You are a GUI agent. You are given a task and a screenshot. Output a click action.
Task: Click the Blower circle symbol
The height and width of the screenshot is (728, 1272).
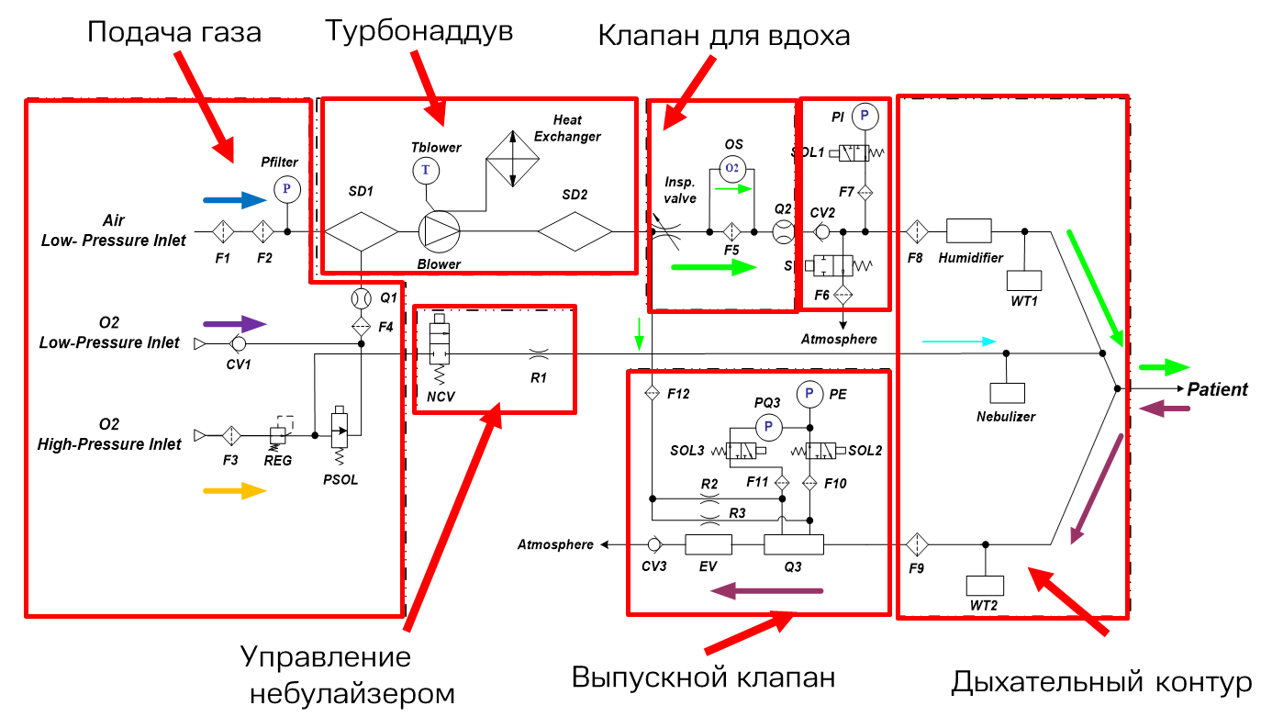click(x=439, y=231)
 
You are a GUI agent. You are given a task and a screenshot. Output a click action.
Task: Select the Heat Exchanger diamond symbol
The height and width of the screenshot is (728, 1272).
click(x=513, y=159)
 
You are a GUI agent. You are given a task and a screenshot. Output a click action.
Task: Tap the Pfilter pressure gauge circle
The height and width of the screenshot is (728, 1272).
click(x=287, y=189)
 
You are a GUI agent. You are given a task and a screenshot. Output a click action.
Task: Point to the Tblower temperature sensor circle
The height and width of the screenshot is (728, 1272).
click(x=426, y=171)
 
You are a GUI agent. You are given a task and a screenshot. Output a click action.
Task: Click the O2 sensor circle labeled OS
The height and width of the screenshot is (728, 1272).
click(x=732, y=168)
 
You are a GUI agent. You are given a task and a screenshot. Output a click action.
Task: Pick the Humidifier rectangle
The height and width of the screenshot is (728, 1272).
click(x=969, y=231)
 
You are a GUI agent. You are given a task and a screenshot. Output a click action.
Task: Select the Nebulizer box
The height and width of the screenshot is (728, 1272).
click(x=1008, y=393)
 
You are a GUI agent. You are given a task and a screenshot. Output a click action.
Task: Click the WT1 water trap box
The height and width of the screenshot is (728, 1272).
click(x=1024, y=281)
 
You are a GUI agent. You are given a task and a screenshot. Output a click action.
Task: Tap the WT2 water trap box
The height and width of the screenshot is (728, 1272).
click(x=986, y=586)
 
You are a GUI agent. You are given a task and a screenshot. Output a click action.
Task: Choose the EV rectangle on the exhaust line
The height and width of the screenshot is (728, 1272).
click(x=709, y=544)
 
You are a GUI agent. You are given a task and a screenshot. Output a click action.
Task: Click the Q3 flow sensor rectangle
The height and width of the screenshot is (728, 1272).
click(x=794, y=544)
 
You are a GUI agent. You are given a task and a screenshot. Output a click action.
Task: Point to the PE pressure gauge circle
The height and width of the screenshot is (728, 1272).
click(x=809, y=394)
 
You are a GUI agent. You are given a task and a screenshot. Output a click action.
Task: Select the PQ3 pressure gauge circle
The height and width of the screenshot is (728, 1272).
click(x=769, y=427)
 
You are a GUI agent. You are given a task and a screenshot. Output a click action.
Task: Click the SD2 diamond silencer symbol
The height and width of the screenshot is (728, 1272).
click(x=575, y=231)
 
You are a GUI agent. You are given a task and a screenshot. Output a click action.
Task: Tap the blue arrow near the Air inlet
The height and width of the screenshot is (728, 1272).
click(x=235, y=200)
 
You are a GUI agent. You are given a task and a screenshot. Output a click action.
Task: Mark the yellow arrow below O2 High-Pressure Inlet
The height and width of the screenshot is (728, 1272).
click(x=235, y=490)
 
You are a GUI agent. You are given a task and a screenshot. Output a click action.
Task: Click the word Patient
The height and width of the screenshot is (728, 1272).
click(x=1218, y=389)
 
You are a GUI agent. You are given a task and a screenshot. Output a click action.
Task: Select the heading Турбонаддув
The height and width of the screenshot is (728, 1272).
click(x=419, y=31)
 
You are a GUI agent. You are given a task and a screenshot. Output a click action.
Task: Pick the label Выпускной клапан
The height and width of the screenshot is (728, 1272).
click(x=703, y=677)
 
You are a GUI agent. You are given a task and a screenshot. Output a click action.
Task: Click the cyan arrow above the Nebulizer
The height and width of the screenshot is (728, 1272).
click(x=959, y=342)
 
